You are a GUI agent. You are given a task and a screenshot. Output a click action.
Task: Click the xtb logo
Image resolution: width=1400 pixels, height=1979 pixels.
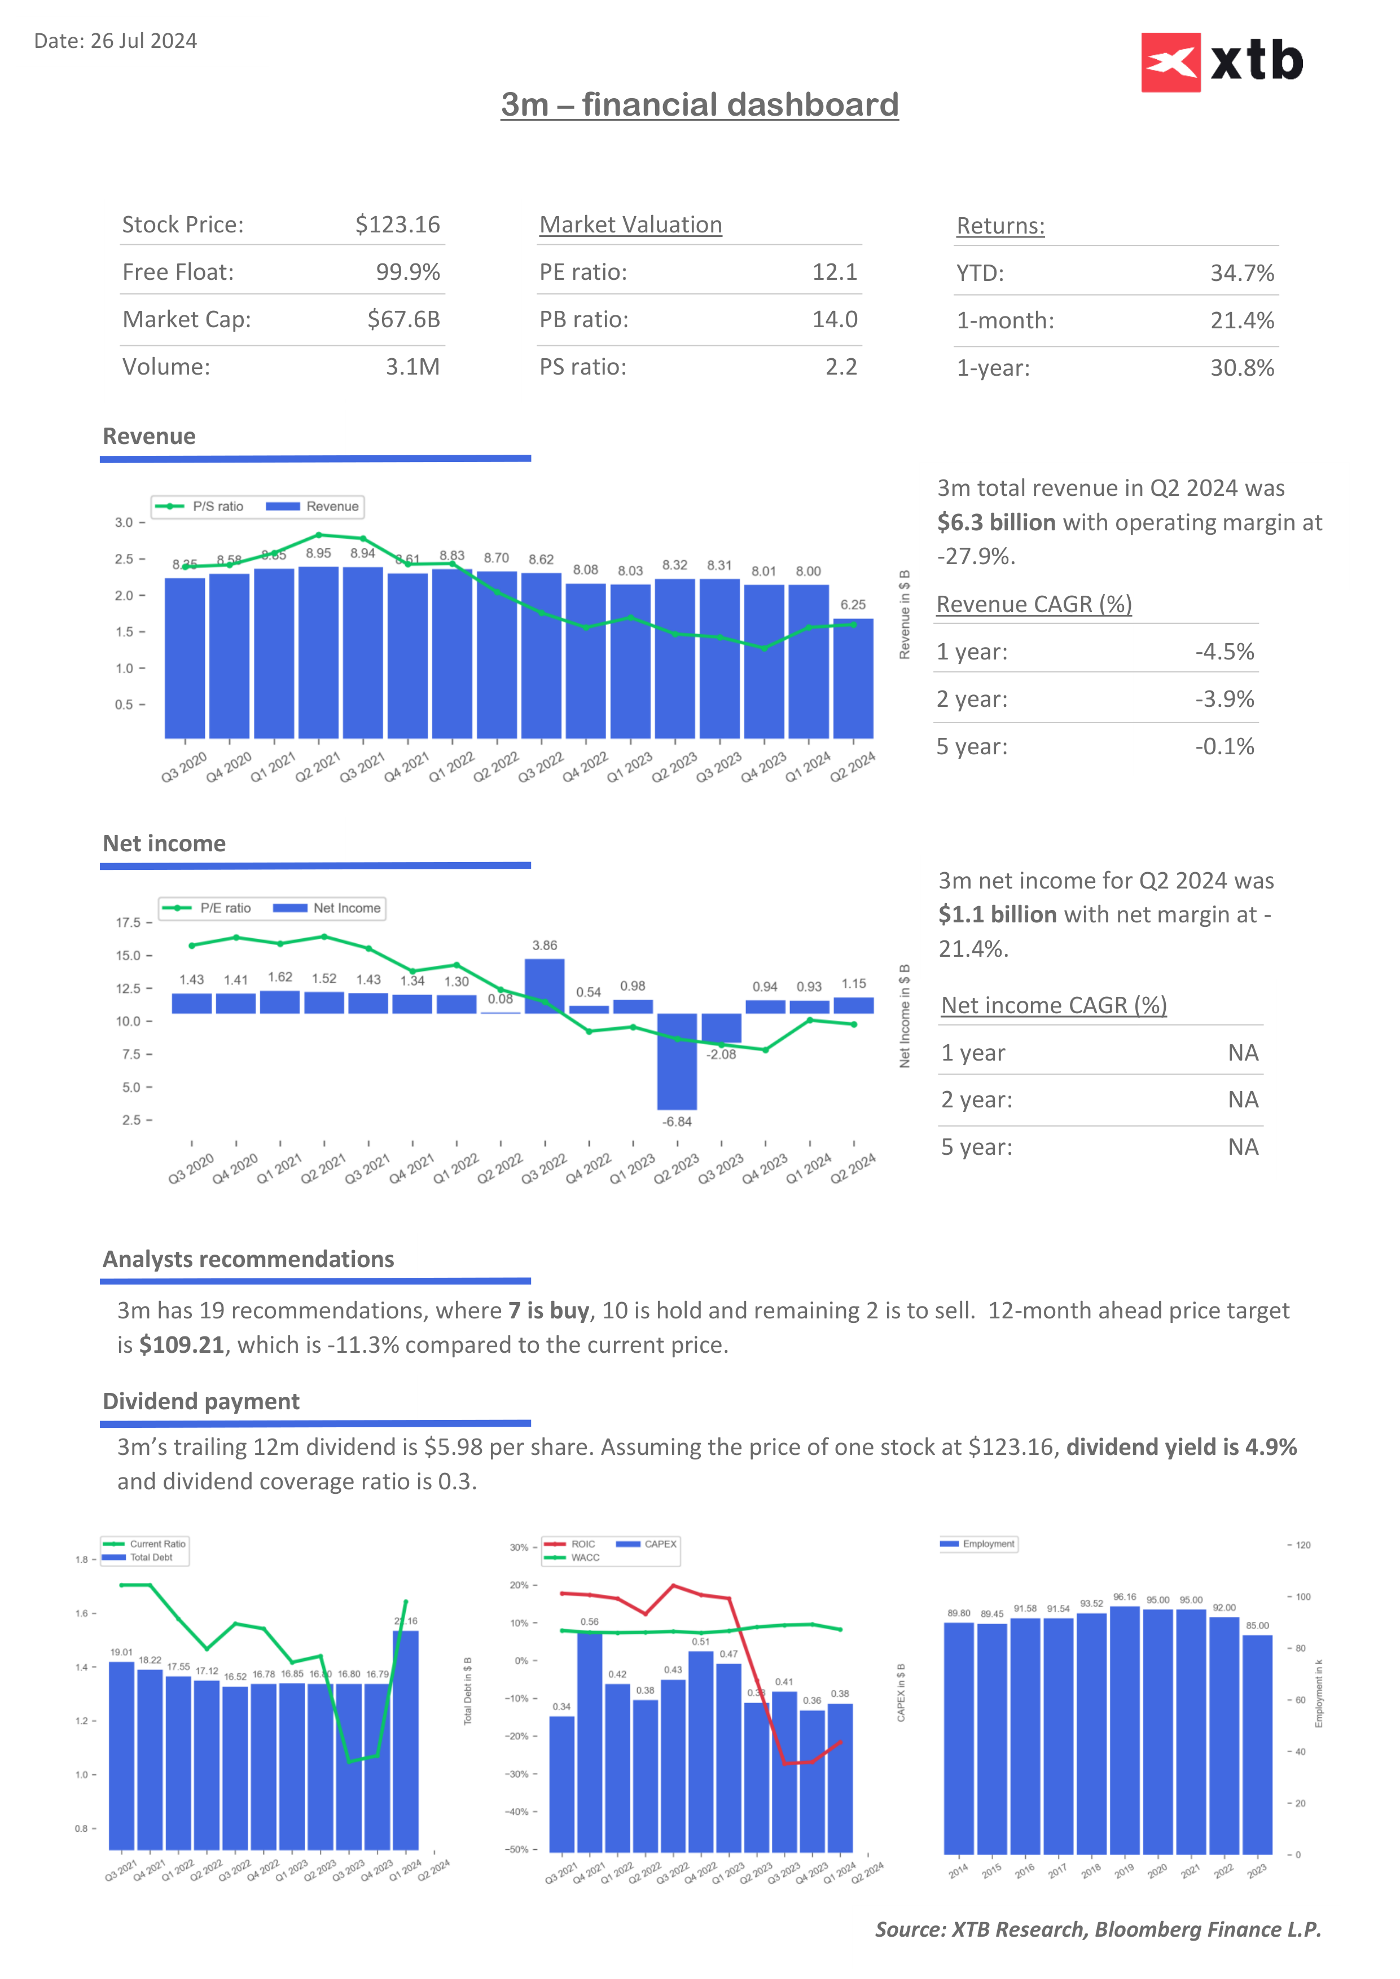(1222, 62)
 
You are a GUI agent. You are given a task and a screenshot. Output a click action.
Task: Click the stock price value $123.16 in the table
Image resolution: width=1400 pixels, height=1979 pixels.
(397, 225)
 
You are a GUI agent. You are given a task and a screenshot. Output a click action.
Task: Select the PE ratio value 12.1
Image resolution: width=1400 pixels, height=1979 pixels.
(835, 272)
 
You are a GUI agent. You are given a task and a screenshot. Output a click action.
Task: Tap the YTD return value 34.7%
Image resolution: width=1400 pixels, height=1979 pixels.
(1241, 273)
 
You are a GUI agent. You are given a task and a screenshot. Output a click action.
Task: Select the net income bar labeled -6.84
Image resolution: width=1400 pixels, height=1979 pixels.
(677, 1061)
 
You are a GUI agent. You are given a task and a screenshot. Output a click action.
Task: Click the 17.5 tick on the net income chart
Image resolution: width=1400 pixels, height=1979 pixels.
(129, 923)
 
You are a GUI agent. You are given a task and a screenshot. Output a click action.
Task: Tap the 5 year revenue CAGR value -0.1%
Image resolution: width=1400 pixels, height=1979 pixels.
(1224, 746)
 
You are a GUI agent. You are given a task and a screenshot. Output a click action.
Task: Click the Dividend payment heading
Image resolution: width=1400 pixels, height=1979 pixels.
(201, 1401)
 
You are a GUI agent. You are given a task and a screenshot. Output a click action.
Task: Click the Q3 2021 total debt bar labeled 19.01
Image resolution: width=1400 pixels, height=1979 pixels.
(121, 1756)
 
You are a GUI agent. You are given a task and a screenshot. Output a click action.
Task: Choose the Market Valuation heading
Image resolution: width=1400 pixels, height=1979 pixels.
(630, 225)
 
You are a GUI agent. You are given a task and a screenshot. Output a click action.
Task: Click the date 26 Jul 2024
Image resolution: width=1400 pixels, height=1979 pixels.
(143, 41)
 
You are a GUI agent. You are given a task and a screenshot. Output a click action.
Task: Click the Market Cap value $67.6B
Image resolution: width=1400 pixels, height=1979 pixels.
(403, 320)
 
